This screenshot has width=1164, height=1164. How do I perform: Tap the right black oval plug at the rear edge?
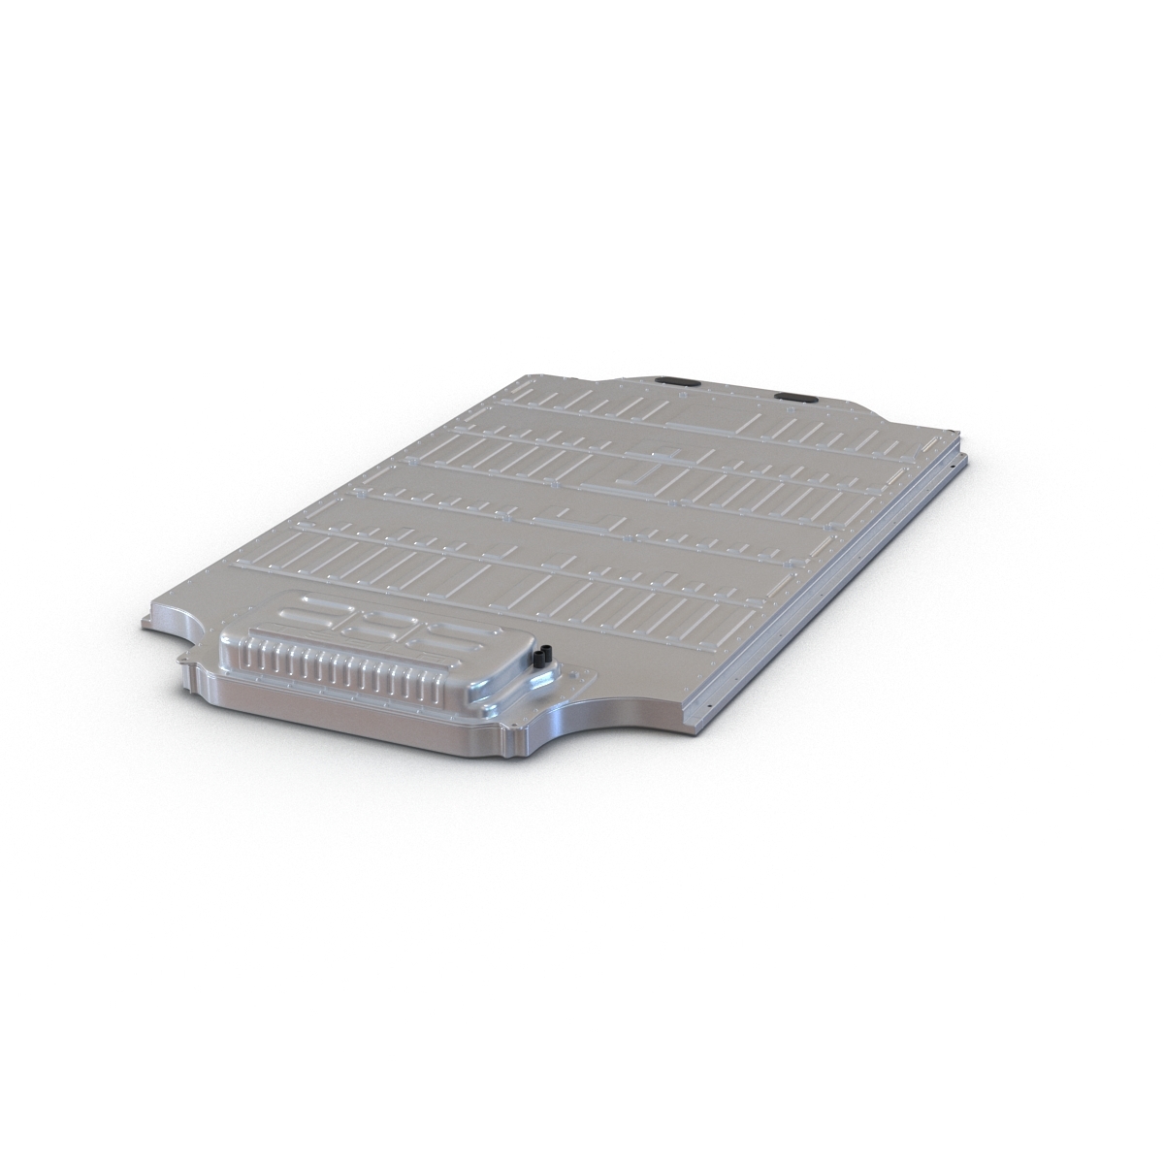click(x=794, y=397)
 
